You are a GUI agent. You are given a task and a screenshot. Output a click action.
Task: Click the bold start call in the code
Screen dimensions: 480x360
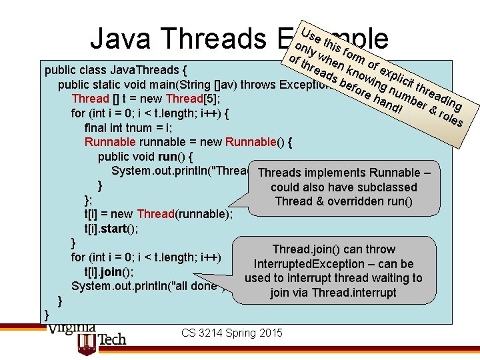pos(124,228)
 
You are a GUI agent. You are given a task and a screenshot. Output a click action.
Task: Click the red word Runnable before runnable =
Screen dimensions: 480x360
pos(109,142)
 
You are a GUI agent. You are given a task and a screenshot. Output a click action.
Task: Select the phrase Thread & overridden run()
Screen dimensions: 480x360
pos(343,201)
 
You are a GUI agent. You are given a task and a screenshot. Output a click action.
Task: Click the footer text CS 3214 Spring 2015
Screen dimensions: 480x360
pos(232,333)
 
